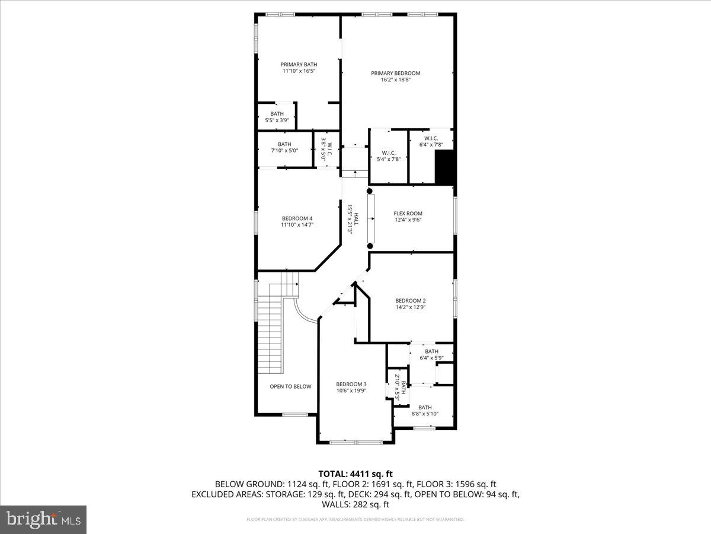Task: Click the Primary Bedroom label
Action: click(396, 74)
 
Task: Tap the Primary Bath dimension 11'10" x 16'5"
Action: click(299, 71)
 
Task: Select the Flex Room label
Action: click(408, 214)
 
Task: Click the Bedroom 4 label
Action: click(297, 218)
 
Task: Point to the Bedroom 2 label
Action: click(411, 301)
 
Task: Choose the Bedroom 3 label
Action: click(351, 384)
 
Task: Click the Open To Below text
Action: click(290, 387)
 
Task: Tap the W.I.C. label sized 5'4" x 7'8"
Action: click(389, 152)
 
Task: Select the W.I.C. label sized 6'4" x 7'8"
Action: click(431, 138)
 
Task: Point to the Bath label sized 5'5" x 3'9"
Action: click(277, 114)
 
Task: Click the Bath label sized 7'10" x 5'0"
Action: click(284, 144)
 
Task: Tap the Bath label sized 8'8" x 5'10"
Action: click(425, 408)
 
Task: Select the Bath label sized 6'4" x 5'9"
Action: click(431, 352)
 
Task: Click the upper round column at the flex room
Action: click(370, 191)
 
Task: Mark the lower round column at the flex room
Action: click(370, 246)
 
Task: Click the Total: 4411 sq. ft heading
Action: click(355, 473)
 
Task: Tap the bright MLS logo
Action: click(43, 519)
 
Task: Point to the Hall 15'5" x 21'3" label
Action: click(350, 220)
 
